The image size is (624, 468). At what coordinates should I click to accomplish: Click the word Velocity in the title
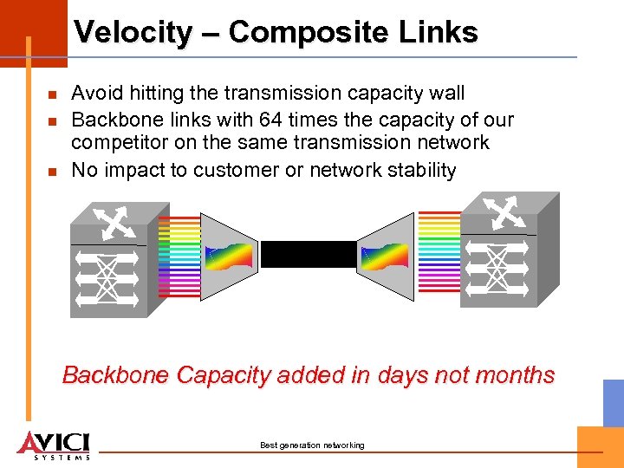[132, 33]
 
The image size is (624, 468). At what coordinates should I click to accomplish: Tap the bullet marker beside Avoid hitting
[52, 94]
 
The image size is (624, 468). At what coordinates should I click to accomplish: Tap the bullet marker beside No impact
[52, 172]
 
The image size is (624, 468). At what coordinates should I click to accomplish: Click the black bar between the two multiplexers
[308, 255]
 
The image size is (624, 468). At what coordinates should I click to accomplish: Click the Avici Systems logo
[54, 444]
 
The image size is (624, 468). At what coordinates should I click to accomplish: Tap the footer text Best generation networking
[312, 445]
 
